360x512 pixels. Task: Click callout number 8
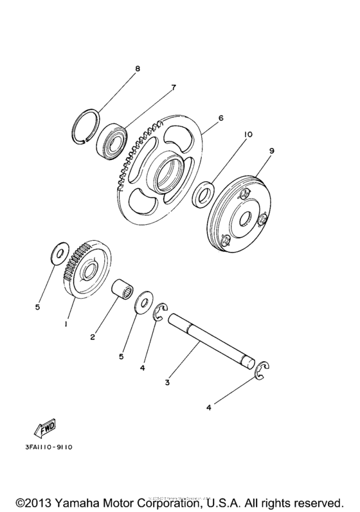[x=136, y=67]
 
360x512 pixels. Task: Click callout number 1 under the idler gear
[x=66, y=324]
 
